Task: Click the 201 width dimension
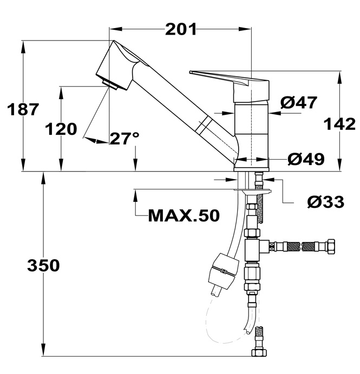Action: tap(181, 30)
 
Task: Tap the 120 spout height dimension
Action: tap(61, 130)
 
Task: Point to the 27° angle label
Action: tap(125, 139)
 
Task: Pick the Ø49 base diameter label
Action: tap(306, 159)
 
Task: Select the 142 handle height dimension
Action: tap(339, 124)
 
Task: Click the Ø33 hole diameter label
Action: tap(325, 201)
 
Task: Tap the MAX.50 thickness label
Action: tap(184, 216)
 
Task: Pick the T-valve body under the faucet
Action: tap(253, 248)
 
